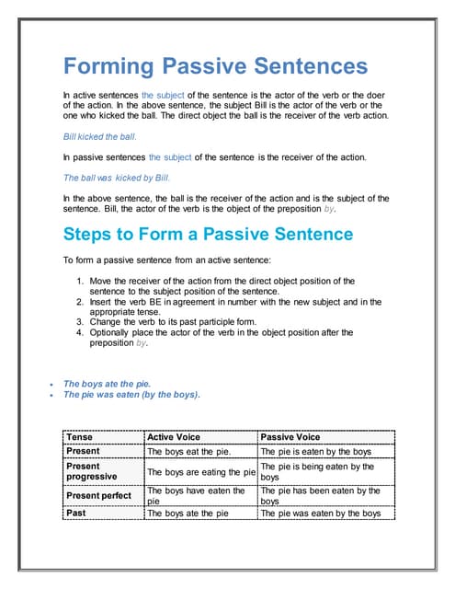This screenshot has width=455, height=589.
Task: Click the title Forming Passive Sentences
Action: [214, 66]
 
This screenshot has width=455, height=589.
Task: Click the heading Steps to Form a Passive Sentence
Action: [208, 234]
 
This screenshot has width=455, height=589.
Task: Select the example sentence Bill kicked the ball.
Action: [99, 136]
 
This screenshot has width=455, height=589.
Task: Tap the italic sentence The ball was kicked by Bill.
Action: [117, 178]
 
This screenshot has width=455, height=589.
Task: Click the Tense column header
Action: [80, 436]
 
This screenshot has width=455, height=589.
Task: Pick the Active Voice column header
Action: [174, 436]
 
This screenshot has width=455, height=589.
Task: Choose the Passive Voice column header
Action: [291, 436]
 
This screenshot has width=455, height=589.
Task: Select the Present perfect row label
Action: [99, 496]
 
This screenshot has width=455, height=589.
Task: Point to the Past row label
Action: [76, 513]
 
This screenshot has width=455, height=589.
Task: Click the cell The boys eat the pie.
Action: [188, 452]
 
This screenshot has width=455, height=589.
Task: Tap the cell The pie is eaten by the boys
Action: [316, 452]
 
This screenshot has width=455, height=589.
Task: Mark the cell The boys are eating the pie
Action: [200, 472]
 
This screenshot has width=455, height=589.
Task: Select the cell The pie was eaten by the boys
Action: [321, 514]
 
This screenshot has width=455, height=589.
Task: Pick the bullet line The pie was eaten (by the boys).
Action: [131, 394]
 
